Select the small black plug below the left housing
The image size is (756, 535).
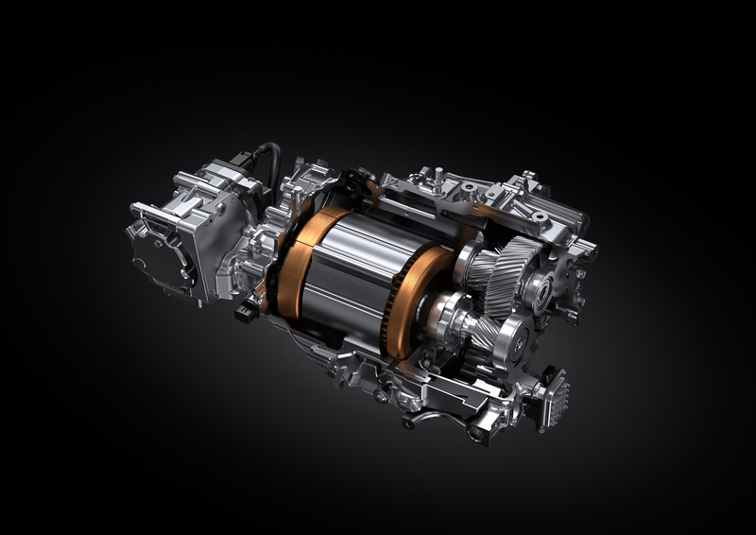coord(245,311)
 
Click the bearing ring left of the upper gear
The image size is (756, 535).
coord(470,264)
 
